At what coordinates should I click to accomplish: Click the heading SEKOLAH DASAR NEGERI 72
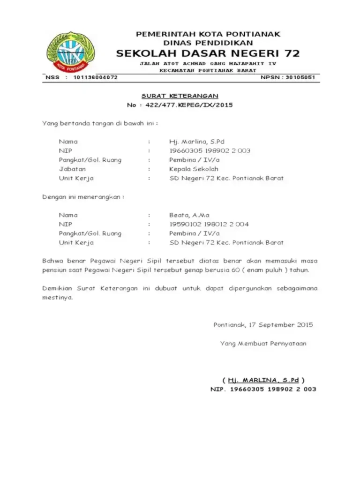[x=208, y=53]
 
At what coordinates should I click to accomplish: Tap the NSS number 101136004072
[x=96, y=77]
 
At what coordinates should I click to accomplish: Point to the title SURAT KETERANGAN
[x=180, y=96]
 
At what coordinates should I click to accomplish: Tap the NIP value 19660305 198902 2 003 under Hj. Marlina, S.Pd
[x=210, y=150]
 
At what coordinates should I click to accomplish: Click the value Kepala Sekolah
[x=194, y=169]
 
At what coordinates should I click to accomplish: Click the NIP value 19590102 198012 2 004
[x=209, y=224]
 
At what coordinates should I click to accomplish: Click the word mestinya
[x=58, y=298]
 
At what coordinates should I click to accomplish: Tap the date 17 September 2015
[x=281, y=325]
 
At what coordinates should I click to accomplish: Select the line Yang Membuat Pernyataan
[x=263, y=344]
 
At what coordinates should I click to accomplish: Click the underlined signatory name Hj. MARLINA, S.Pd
[x=263, y=380]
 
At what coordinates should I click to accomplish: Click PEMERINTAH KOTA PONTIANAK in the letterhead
[x=208, y=34]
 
